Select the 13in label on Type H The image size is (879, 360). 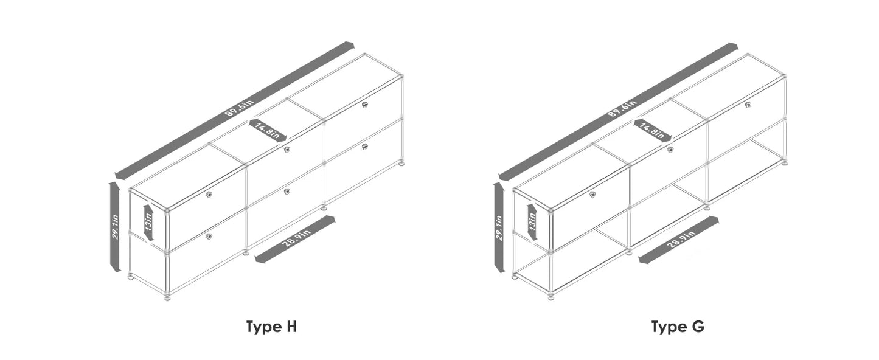click(148, 223)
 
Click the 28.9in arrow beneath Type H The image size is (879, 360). click(295, 239)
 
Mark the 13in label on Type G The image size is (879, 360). click(532, 223)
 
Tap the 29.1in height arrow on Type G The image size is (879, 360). click(499, 226)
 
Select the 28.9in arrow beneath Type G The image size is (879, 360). click(679, 239)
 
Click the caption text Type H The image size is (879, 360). click(271, 327)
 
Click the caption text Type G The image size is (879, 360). click(678, 327)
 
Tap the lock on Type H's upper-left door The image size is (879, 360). click(209, 194)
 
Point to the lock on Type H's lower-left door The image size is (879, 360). click(209, 235)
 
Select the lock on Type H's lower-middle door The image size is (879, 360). click(287, 191)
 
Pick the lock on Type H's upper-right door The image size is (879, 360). click(364, 105)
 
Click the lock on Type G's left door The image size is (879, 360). click(592, 194)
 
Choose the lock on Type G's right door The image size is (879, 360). click(748, 105)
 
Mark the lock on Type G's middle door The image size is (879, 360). click(670, 150)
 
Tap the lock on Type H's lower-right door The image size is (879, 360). click(364, 146)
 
